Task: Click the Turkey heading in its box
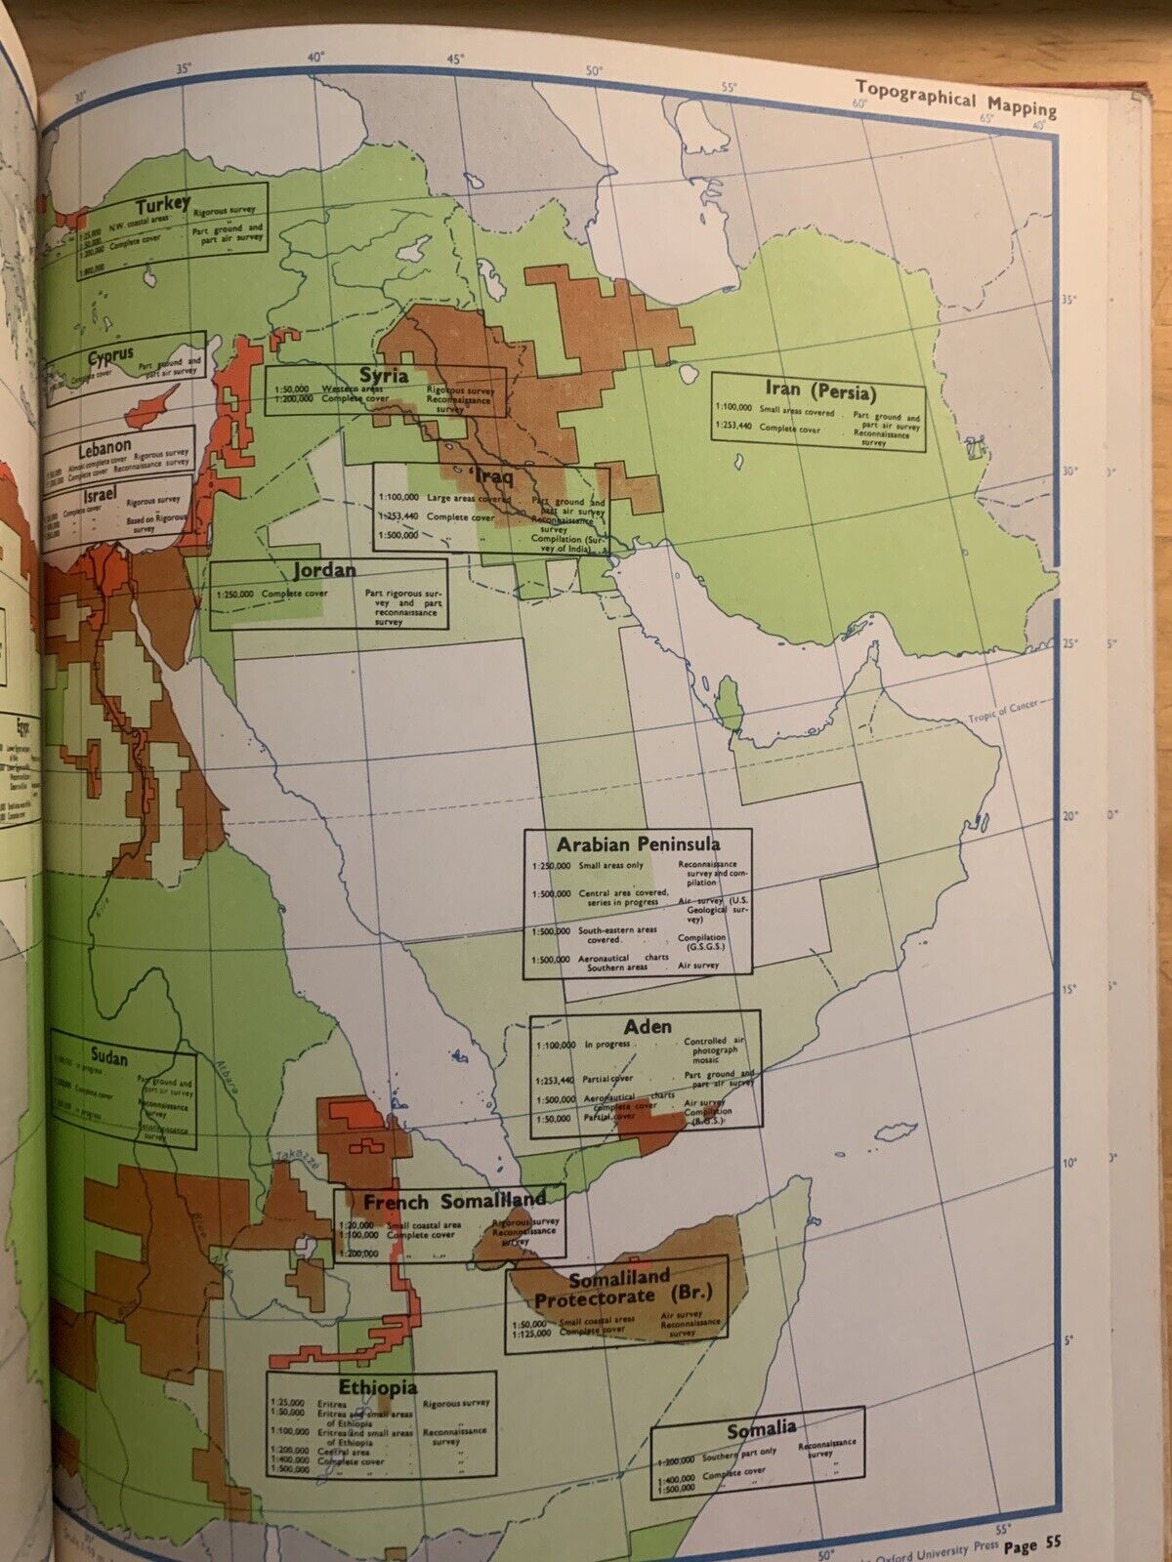tap(163, 205)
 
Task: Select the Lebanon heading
tap(106, 446)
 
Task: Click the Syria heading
tap(384, 376)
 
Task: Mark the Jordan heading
tap(323, 569)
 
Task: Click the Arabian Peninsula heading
tap(639, 843)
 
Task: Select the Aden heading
tap(648, 1026)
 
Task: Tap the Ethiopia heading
tap(378, 1386)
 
